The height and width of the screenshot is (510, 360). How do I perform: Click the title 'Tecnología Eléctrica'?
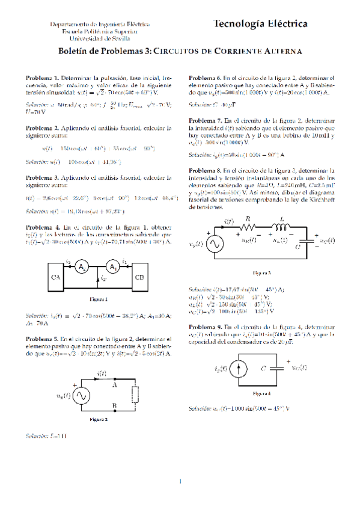click(x=260, y=23)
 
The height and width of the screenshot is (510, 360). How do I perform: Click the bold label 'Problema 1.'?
click(x=42, y=79)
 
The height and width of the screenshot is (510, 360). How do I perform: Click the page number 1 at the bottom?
click(x=180, y=481)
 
